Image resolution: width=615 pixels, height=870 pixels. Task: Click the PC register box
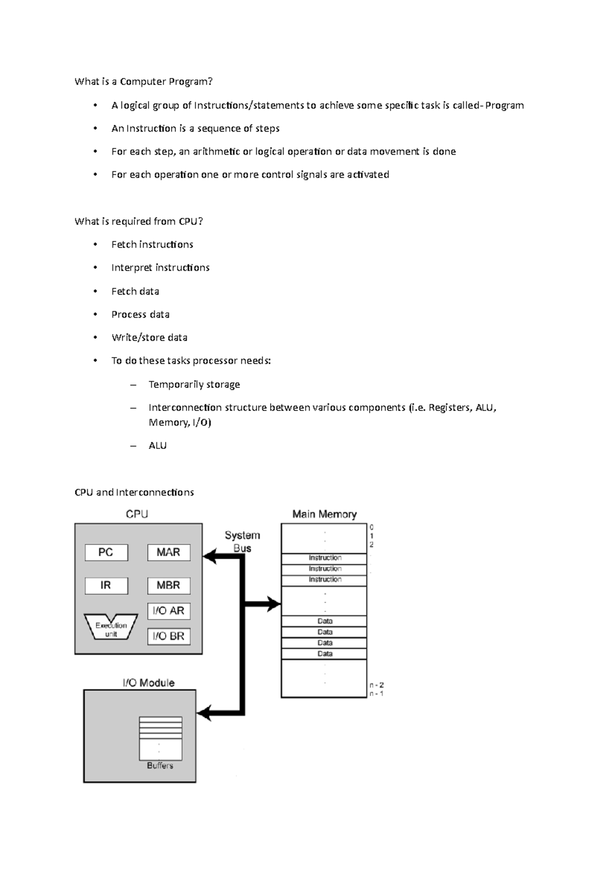[x=106, y=552]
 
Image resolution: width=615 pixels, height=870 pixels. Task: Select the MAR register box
[x=169, y=552]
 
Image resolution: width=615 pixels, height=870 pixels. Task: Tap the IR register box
[x=106, y=585]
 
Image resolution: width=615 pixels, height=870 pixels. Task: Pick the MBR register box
[x=169, y=585]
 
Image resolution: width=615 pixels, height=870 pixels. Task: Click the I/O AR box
[x=169, y=611]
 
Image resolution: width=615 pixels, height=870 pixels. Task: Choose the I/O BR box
[x=169, y=636]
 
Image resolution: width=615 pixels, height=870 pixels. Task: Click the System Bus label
[x=242, y=542]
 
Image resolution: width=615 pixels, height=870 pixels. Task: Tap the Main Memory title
[x=324, y=514]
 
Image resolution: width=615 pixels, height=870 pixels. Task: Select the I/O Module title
[x=149, y=683]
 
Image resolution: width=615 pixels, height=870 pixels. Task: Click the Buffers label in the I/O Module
[x=160, y=765]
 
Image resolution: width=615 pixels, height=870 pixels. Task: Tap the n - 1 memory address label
[x=376, y=694]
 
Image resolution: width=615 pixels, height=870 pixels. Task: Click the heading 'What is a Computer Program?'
[x=143, y=81]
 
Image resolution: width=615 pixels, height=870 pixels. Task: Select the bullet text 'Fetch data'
[x=135, y=292]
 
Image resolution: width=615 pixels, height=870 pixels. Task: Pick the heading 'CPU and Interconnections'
[x=134, y=492]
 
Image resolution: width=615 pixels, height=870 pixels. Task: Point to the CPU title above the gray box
[x=137, y=514]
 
